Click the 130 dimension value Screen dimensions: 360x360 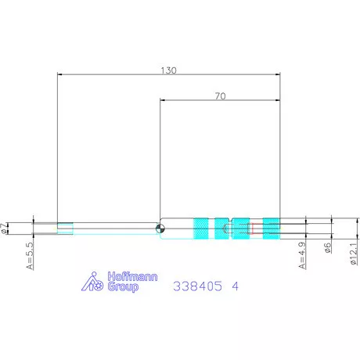[168, 70]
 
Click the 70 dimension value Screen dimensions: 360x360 [221, 96]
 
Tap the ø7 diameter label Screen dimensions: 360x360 [4, 229]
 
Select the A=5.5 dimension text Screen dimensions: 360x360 [30, 256]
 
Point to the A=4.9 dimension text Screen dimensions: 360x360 [302, 256]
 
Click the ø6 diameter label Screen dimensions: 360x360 [327, 247]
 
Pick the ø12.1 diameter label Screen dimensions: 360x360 [354, 254]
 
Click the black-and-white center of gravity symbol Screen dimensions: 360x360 [160, 229]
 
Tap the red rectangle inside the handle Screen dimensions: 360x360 [253, 229]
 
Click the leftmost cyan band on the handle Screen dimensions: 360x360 [201, 229]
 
